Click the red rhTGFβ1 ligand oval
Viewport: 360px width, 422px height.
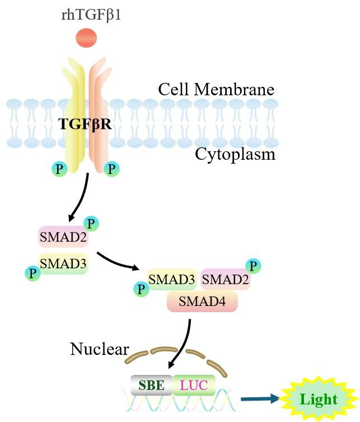[x=86, y=38]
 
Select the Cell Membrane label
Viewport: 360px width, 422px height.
[x=216, y=90]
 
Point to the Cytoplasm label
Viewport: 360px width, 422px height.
[x=235, y=154]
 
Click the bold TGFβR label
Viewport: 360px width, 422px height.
[x=85, y=124]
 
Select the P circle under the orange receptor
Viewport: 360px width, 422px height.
[x=113, y=168]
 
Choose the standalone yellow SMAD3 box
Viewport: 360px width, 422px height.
[x=63, y=262]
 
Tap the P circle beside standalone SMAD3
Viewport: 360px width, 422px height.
[x=33, y=273]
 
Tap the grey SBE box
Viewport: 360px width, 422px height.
[x=152, y=385]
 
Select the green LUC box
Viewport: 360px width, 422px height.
[x=194, y=385]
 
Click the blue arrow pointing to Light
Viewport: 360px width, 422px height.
[x=260, y=399]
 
